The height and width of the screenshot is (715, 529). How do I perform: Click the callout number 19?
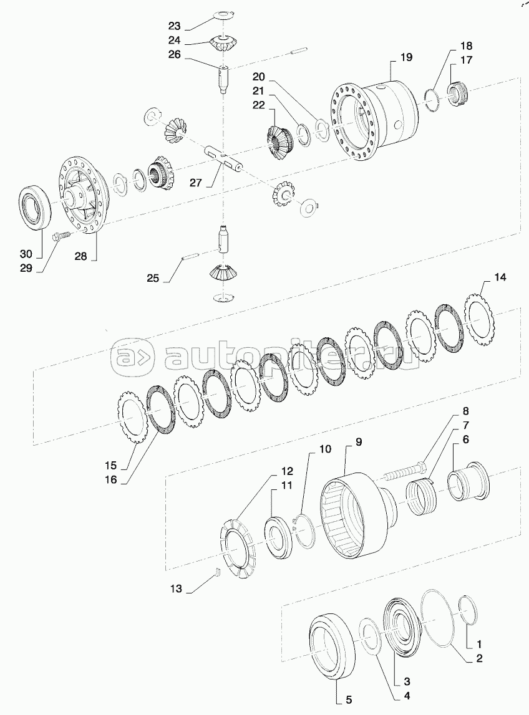(x=405, y=57)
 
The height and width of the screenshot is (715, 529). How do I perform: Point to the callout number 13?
(x=176, y=588)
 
